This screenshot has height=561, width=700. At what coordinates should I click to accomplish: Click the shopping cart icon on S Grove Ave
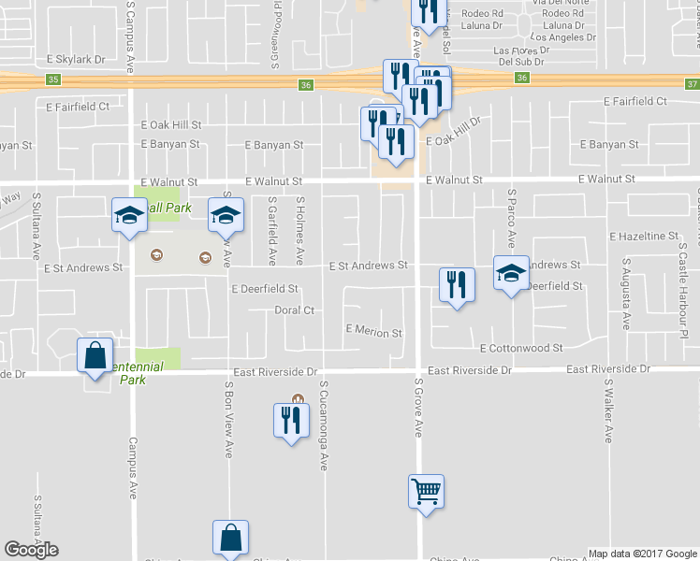(426, 490)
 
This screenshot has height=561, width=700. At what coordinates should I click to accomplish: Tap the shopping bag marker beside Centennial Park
(95, 355)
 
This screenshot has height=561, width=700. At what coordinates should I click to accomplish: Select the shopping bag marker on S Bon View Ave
(230, 538)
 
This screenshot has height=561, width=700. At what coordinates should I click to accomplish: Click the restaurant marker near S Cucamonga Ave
(291, 420)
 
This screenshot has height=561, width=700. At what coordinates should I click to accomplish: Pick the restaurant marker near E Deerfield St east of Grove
(456, 284)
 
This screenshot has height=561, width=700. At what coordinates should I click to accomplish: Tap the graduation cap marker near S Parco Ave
(511, 273)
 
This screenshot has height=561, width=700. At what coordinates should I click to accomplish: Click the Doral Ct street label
(294, 310)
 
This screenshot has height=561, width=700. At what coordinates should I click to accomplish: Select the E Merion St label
(373, 331)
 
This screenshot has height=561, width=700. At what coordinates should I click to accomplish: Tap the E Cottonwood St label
(521, 348)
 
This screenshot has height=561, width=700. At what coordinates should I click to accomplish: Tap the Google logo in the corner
(31, 550)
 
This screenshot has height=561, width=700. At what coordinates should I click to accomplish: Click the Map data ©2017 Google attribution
(643, 554)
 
